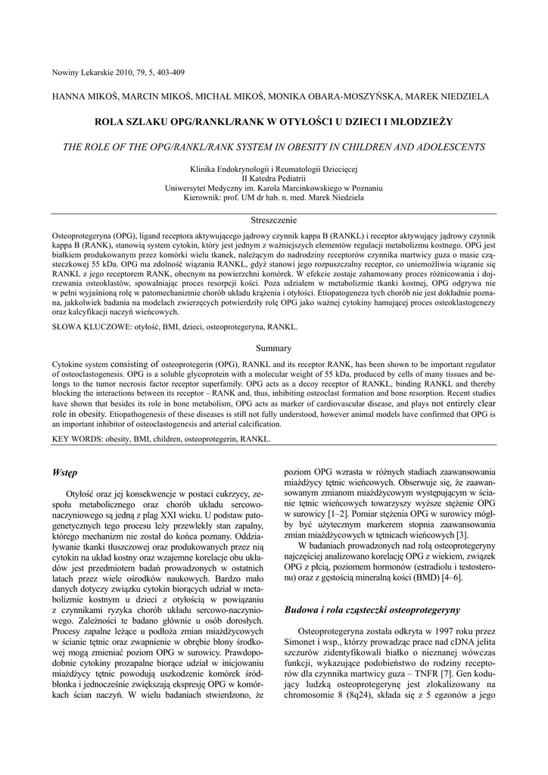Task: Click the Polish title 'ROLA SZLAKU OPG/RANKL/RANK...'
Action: (273, 121)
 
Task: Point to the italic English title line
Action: (273, 146)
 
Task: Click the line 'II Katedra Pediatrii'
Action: (273, 179)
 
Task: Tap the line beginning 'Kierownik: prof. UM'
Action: (273, 197)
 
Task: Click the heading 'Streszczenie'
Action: (273, 219)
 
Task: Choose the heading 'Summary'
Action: (273, 348)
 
